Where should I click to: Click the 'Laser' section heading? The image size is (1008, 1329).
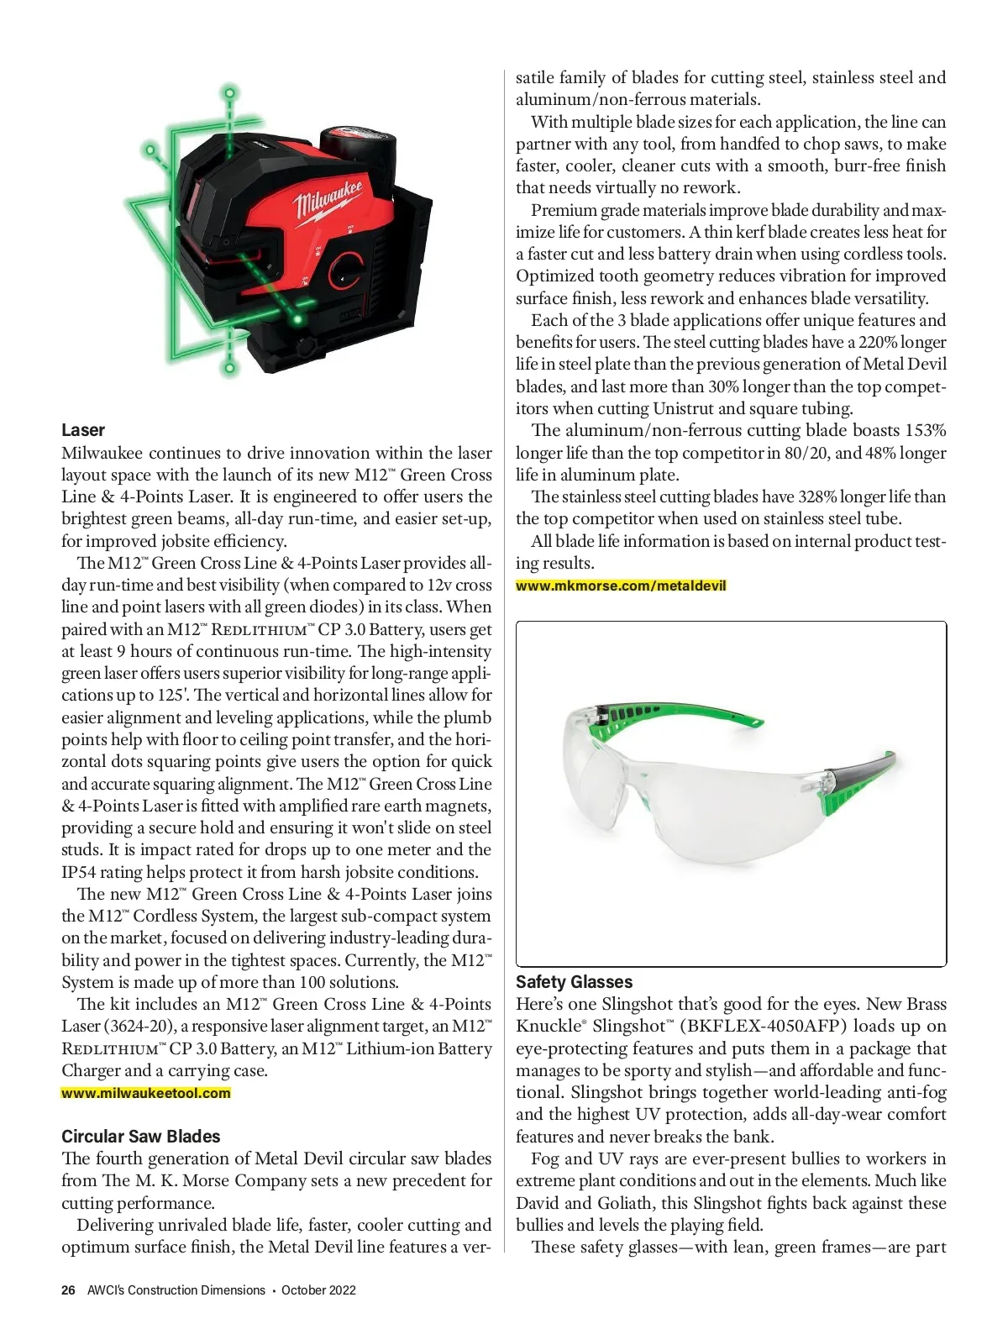tap(83, 430)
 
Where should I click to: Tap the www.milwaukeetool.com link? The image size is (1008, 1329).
tap(145, 1093)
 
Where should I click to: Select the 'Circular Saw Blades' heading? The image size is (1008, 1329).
tap(140, 1137)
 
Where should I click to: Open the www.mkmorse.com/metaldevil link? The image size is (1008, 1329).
tap(621, 586)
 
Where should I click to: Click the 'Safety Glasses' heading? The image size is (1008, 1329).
tap(574, 982)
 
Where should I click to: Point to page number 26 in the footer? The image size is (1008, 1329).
tap(68, 1290)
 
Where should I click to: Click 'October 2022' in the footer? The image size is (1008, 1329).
tap(318, 1290)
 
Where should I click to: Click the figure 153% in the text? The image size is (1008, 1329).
tap(925, 431)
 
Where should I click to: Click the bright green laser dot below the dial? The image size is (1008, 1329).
tap(296, 319)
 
